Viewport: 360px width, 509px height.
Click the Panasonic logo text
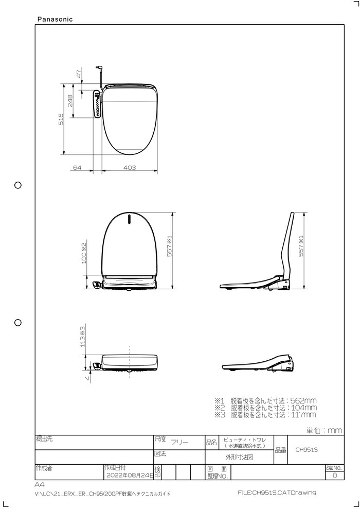coord(55,19)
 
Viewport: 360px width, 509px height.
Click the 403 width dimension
coord(130,168)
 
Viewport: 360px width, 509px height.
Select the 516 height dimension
coord(61,119)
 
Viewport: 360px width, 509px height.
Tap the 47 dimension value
coord(79,74)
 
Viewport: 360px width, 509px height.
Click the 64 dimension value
coord(78,168)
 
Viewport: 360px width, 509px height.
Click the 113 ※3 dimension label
coord(82,337)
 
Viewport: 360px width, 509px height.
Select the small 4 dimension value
coord(87,378)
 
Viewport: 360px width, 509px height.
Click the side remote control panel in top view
coord(97,104)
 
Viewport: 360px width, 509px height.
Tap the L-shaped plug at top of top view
coord(99,69)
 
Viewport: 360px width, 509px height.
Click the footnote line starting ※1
coord(265,400)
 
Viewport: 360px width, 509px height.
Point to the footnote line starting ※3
coord(265,414)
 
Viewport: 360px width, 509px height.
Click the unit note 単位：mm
coord(324,430)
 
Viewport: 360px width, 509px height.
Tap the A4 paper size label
coord(40,485)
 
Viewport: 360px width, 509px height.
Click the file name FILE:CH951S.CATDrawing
coord(277,493)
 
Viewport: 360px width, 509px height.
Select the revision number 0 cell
coord(335,476)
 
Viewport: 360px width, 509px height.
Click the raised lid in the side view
coord(289,242)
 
